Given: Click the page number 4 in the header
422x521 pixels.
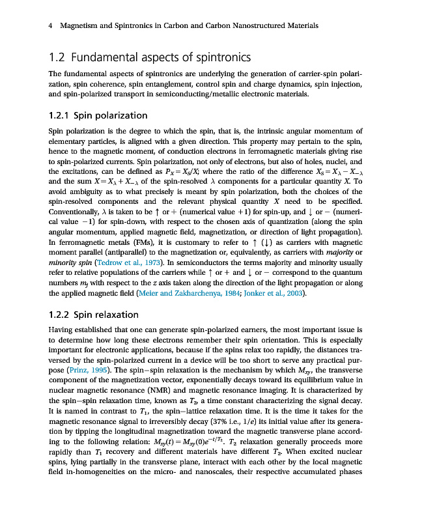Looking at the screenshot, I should coord(51,26).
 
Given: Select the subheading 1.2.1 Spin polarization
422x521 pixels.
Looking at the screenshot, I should coord(98,116).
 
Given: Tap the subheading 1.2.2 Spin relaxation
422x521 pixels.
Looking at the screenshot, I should coord(94,315).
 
